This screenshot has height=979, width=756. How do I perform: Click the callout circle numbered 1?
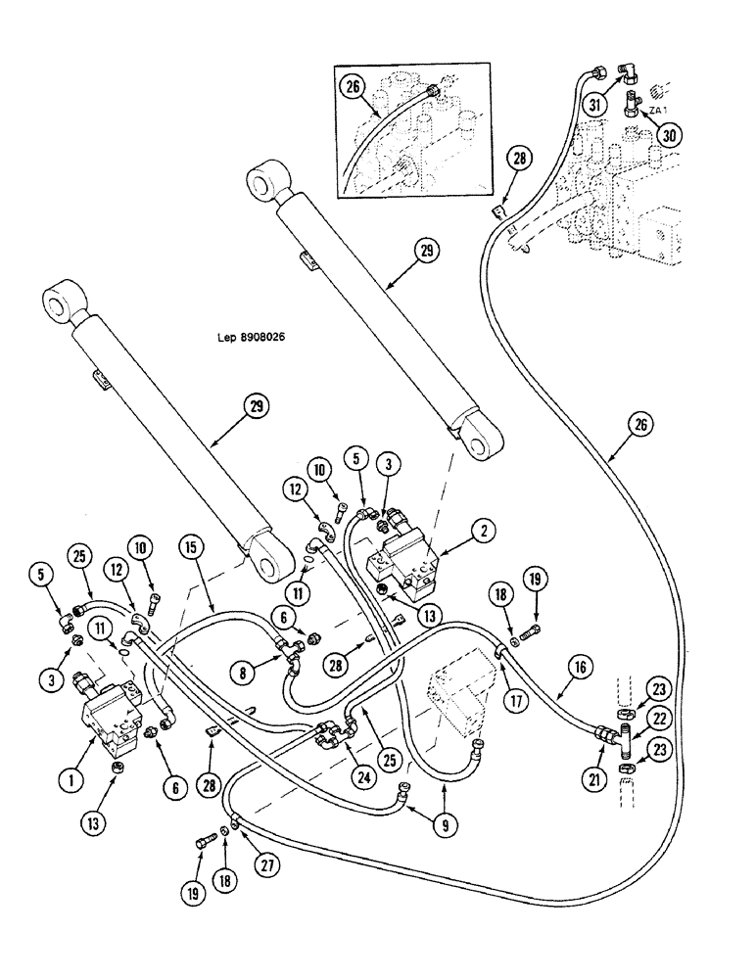coord(70,781)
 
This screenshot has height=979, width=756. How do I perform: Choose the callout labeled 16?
coord(577,669)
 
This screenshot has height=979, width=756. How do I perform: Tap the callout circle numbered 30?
coord(669,136)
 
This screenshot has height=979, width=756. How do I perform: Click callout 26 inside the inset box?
coord(353,86)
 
